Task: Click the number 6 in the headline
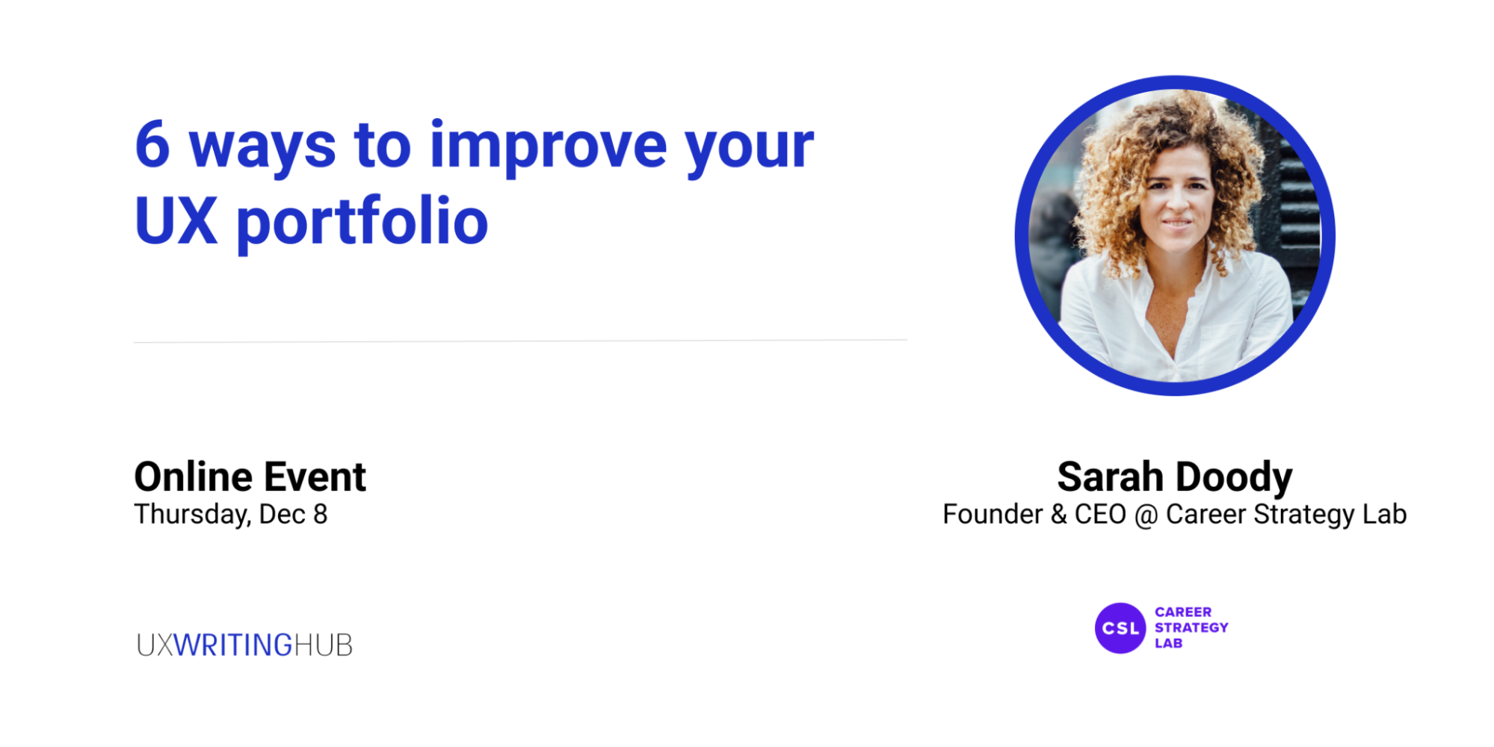(152, 144)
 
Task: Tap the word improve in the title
(548, 149)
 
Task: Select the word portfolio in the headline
(362, 222)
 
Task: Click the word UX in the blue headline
(176, 221)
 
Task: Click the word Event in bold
(315, 477)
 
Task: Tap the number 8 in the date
(321, 515)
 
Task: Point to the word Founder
(993, 515)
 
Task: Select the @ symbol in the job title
(1146, 515)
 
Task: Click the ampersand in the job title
(1058, 515)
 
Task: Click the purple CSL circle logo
(1120, 628)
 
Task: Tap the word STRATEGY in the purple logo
(1191, 627)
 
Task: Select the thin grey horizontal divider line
(520, 341)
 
